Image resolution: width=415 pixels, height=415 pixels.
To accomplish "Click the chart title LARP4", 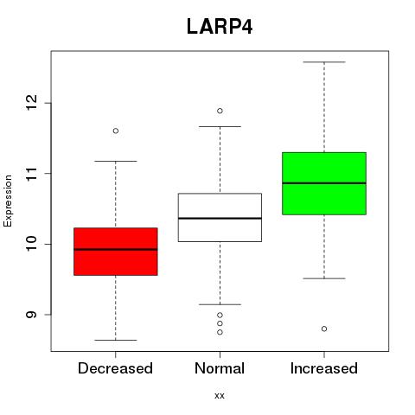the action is [x=220, y=27].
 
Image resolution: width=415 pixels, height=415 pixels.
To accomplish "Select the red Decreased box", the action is [x=116, y=252].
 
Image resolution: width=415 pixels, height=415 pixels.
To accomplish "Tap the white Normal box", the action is [x=220, y=217].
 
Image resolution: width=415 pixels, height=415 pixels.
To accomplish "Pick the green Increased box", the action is [x=324, y=183].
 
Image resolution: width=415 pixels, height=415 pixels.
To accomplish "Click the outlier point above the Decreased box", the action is [x=116, y=131].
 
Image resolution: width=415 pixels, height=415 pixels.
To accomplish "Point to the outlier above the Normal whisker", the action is [x=220, y=111].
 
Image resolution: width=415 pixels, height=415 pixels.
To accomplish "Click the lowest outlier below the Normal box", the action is [x=220, y=332].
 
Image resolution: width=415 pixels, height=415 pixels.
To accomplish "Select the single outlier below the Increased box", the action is [x=324, y=329].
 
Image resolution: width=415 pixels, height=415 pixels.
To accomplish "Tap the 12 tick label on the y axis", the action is [x=31, y=103].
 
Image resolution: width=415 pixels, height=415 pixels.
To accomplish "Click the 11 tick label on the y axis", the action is [x=31, y=173].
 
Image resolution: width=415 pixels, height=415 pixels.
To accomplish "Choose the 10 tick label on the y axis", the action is [x=31, y=244].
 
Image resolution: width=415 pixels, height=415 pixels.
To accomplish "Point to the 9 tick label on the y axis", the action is [x=31, y=314].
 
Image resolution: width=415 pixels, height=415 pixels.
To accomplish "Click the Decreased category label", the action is [x=115, y=368].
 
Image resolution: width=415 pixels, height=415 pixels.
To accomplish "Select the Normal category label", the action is [x=220, y=368].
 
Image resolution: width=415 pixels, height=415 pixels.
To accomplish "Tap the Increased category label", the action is [x=324, y=368].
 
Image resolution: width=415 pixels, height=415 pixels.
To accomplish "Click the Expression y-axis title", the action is [x=8, y=201].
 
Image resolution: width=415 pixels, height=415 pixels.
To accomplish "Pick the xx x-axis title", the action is [x=220, y=396].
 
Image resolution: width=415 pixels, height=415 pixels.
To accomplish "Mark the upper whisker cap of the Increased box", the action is [x=324, y=62].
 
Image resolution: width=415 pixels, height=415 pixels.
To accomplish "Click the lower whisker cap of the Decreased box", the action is [x=116, y=340].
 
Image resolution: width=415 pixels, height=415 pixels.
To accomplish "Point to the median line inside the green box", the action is [x=324, y=183].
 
